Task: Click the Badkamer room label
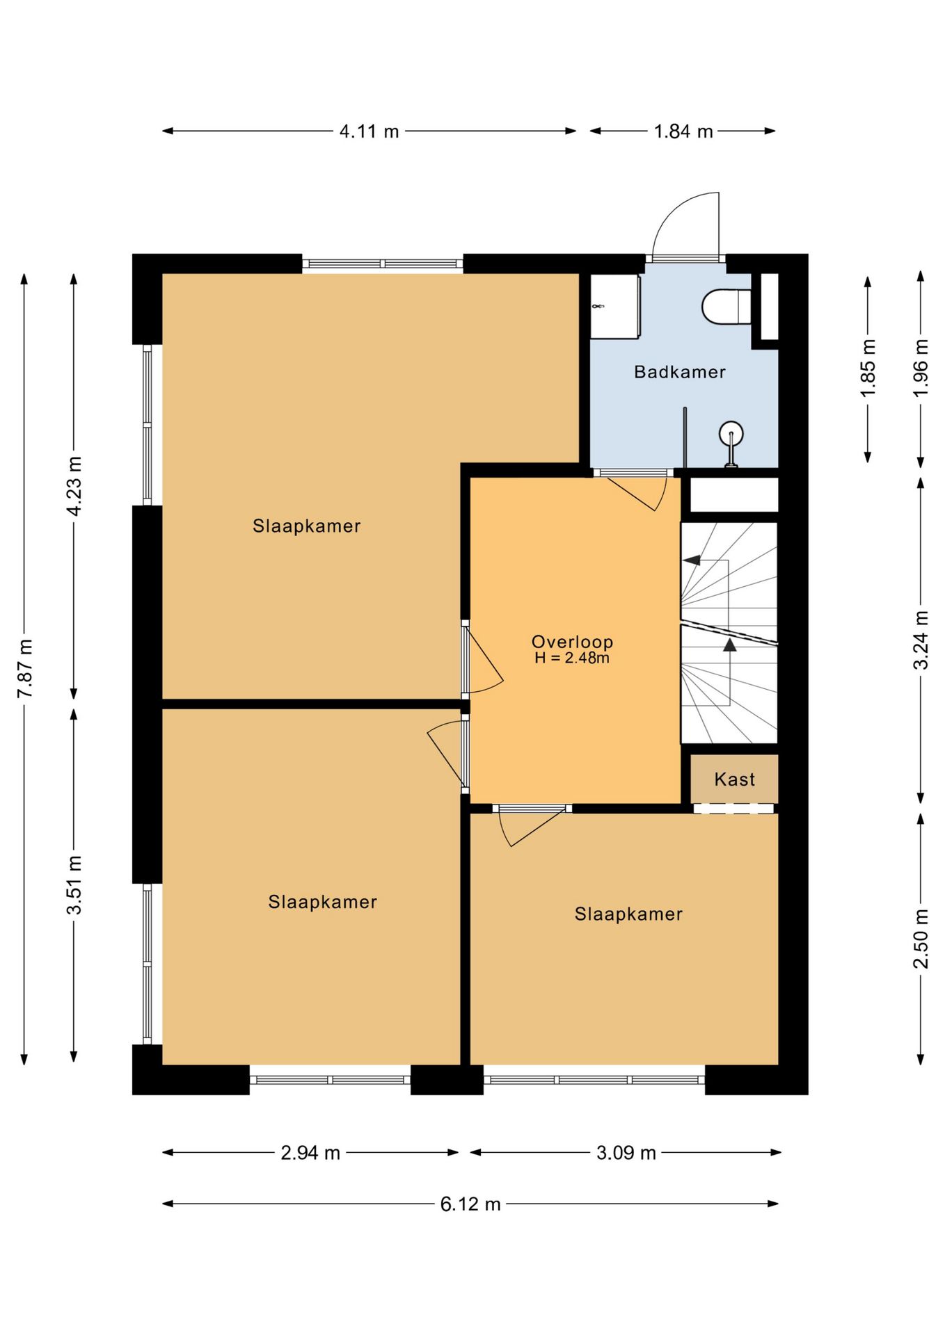click(679, 372)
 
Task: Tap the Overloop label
click(572, 642)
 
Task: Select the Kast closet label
click(734, 779)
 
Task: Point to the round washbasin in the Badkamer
click(731, 434)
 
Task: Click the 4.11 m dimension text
click(369, 131)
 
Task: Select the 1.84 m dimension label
click(683, 131)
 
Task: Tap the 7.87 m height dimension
click(25, 668)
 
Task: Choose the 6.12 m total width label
click(470, 1204)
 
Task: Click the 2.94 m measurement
click(310, 1153)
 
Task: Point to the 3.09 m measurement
click(626, 1153)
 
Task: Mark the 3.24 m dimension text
click(921, 640)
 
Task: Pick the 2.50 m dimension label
click(921, 939)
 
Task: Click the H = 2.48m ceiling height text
click(572, 658)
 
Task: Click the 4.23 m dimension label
click(74, 486)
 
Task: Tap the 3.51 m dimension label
click(74, 885)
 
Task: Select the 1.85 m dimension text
click(868, 369)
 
